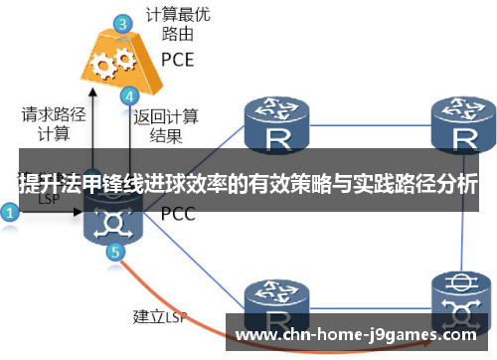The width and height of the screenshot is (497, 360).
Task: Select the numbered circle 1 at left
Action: pyautogui.click(x=10, y=212)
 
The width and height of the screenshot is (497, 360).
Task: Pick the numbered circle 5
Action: pyautogui.click(x=115, y=252)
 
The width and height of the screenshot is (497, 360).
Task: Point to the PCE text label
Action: pyautogui.click(x=177, y=59)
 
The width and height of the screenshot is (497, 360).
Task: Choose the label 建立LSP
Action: pyautogui.click(x=160, y=318)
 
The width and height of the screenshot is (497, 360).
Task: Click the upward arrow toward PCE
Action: pyautogui.click(x=90, y=119)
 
